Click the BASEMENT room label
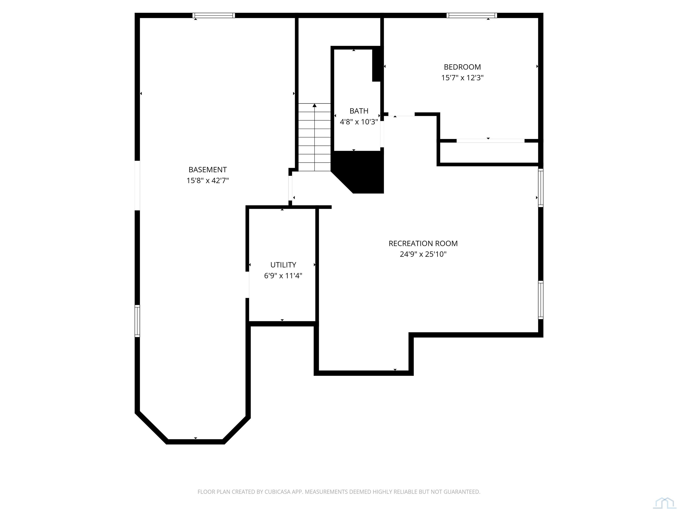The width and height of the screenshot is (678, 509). click(207, 170)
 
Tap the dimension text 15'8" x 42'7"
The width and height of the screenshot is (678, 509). click(207, 180)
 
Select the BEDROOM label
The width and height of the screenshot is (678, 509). click(462, 67)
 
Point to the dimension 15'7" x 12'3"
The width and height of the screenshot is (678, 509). click(462, 78)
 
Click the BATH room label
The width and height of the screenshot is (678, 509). click(359, 111)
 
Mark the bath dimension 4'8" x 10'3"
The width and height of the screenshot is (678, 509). click(359, 122)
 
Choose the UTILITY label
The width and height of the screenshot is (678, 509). click(283, 265)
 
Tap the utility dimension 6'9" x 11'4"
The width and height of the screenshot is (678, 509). click(283, 275)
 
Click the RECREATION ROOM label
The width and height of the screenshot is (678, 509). click(423, 243)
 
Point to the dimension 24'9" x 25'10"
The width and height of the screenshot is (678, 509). click(423, 254)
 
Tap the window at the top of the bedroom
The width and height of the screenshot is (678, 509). click(471, 15)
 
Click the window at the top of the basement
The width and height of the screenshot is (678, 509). click(214, 15)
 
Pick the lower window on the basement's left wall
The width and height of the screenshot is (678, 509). click(137, 321)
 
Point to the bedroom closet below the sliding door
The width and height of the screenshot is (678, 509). click(489, 152)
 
